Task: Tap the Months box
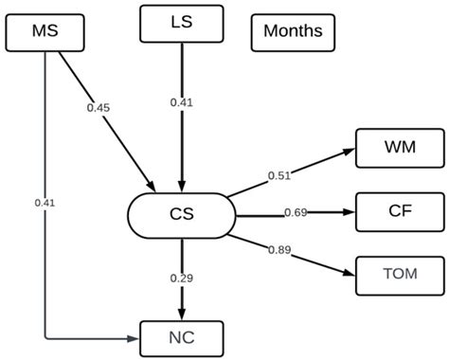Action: [x=293, y=31]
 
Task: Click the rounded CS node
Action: [x=180, y=214]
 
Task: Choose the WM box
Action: [x=398, y=149]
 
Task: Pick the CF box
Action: [x=398, y=210]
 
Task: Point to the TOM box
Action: [x=398, y=273]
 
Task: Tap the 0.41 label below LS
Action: [x=180, y=101]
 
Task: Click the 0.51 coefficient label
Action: [x=278, y=174]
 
